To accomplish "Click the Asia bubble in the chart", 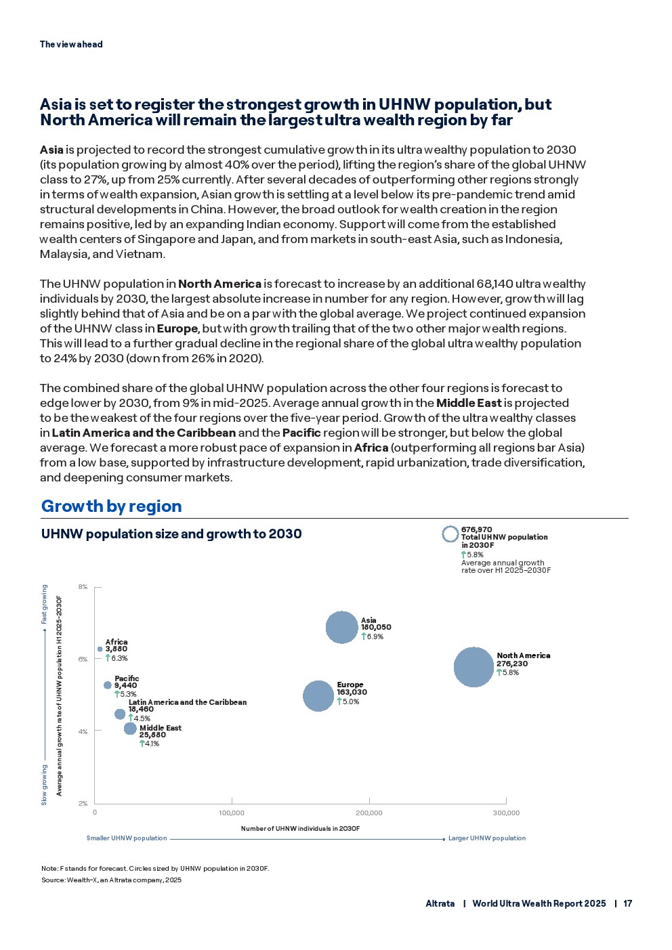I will tap(341, 627).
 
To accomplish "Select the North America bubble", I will tap(474, 667).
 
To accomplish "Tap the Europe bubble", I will tap(318, 696).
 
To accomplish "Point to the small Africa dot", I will tap(100, 649).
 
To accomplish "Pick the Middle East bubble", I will tap(130, 729).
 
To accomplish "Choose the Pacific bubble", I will tap(107, 685).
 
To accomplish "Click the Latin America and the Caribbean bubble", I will tap(120, 714).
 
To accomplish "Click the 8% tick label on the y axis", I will tap(83, 587).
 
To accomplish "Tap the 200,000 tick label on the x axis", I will tap(369, 813).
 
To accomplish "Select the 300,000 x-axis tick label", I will tap(506, 813).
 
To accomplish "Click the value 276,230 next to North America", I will tap(512, 664).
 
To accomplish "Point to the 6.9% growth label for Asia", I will tap(375, 636).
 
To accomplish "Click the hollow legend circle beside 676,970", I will tap(450, 534).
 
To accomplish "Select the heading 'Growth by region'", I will tap(112, 506).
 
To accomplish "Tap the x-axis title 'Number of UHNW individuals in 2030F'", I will tap(300, 828).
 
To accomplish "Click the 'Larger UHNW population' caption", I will tap(486, 838).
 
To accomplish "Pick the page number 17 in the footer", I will tap(628, 903).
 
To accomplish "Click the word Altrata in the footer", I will tap(440, 903).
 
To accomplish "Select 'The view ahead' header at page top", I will tap(71, 45).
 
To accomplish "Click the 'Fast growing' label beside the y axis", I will tap(45, 604).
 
